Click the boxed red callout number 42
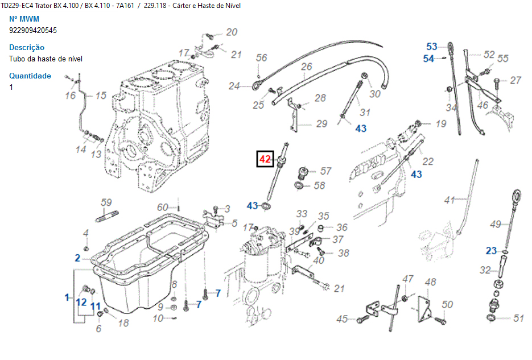pos(265,160)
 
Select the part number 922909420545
pos(33,30)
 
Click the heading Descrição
pos(27,47)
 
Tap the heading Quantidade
pos(30,76)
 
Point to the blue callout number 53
pos(432,47)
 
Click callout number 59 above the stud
pos(106,202)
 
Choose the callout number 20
pos(232,32)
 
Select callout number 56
pos(261,57)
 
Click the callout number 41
pos(450,200)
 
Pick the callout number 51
pos(518,318)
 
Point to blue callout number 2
pos(77,258)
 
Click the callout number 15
pos(101,96)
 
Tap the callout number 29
pos(321,123)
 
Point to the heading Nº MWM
pos(24,19)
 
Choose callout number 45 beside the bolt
pos(342,319)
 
